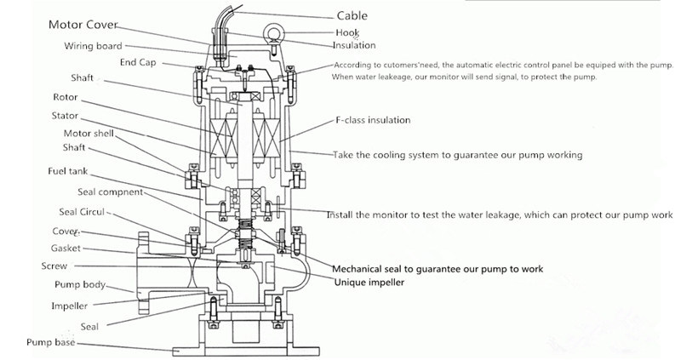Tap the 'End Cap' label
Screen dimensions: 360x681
point(138,62)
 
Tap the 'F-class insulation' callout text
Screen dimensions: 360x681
point(372,120)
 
